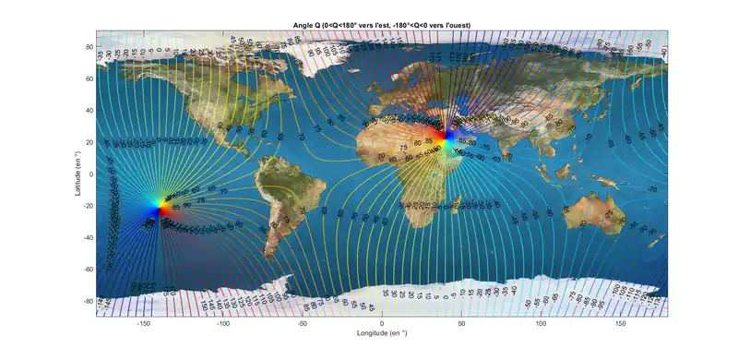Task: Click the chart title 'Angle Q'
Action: click(381, 23)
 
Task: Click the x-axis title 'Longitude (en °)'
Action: click(381, 332)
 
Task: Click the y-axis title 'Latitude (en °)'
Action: click(81, 174)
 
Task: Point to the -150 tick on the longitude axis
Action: click(143, 324)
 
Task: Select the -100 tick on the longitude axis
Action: click(222, 324)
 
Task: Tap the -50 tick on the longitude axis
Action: click(302, 324)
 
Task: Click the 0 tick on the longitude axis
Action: click(381, 324)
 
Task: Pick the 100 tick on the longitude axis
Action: click(540, 324)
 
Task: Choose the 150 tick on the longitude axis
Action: click(619, 324)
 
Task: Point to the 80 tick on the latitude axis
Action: click(89, 46)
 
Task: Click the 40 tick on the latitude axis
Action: click(89, 110)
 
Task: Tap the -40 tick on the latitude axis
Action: click(88, 237)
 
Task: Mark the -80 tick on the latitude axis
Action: click(88, 301)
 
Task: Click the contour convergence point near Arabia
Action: click(449, 139)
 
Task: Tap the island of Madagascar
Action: click(455, 204)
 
